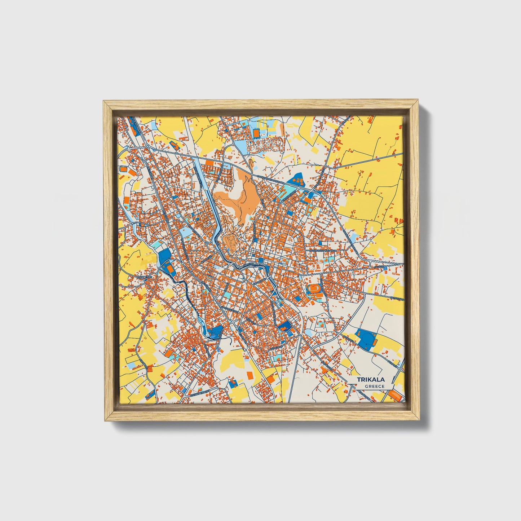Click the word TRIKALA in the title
pos(371,380)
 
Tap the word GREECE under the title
pos(374,387)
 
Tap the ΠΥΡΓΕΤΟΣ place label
pos(145,277)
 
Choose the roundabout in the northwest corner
pos(148,146)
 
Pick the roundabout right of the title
pos(401,369)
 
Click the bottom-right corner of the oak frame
pos(419,420)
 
